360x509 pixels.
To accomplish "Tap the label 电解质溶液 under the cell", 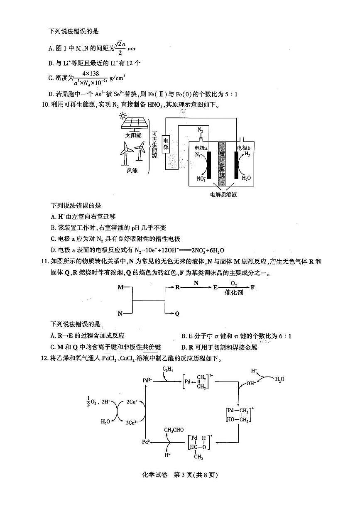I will [223, 194].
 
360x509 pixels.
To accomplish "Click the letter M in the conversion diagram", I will [120, 287].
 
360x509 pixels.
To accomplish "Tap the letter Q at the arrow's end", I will [177, 314].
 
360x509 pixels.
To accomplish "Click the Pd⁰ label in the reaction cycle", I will [145, 442].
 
